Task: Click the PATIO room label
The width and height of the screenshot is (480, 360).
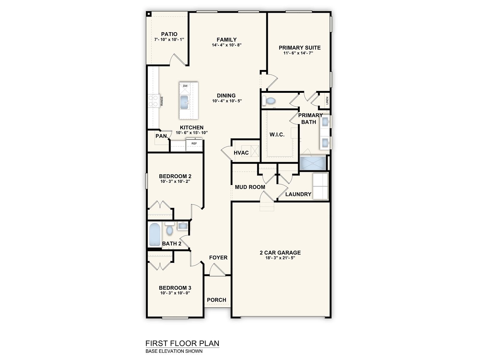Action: click(169, 34)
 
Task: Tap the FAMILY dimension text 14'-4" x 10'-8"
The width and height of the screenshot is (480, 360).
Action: click(227, 45)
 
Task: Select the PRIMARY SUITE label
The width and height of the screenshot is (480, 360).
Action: click(300, 47)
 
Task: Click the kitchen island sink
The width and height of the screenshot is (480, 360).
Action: click(184, 102)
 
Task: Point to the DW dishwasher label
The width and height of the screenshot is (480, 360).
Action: click(185, 86)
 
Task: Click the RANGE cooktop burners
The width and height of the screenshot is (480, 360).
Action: click(153, 101)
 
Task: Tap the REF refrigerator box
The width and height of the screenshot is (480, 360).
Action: click(194, 145)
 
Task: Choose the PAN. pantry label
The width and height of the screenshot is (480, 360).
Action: click(162, 136)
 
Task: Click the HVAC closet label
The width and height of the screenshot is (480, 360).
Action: click(241, 153)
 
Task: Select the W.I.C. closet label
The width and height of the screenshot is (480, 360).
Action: click(277, 134)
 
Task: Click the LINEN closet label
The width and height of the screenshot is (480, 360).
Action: click(327, 101)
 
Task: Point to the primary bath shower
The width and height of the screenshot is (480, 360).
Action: click(313, 163)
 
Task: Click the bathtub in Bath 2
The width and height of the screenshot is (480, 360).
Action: click(155, 235)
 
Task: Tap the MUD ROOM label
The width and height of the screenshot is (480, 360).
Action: click(250, 187)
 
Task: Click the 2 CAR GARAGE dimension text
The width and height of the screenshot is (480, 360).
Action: click(280, 258)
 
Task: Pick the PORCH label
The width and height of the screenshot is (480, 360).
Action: click(217, 300)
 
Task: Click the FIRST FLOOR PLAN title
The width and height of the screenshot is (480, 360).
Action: click(182, 343)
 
